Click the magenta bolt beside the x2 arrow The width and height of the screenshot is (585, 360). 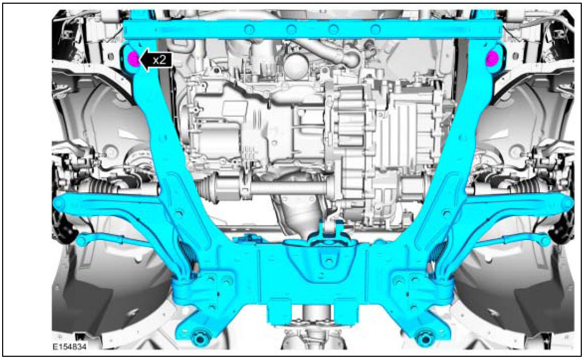(134, 59)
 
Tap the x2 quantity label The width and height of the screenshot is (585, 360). (160, 59)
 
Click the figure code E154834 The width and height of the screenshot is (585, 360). (70, 347)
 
